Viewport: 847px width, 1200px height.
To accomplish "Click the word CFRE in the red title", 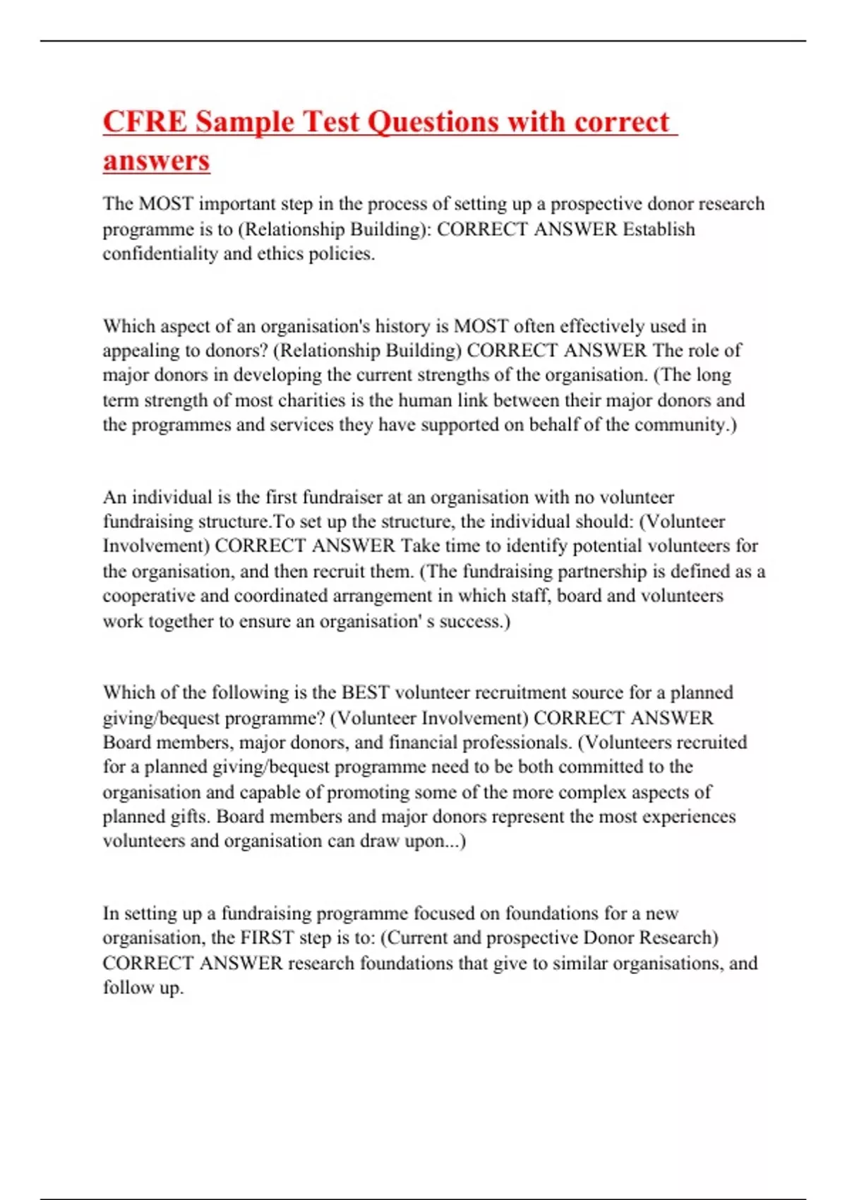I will (x=145, y=121).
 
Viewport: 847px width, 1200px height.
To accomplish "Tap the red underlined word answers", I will (x=156, y=160).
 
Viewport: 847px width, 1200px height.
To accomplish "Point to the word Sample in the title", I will (x=244, y=121).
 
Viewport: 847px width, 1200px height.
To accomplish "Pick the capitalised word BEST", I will (x=366, y=692).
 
